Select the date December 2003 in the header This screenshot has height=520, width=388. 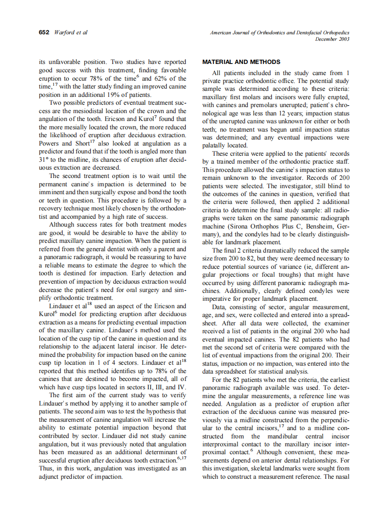tap(332, 39)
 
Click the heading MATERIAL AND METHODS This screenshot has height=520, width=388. tap(241, 62)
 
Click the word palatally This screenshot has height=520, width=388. tap(215, 145)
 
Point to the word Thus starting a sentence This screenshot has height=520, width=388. tap(46, 468)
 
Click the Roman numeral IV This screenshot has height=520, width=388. tap(181, 387)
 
